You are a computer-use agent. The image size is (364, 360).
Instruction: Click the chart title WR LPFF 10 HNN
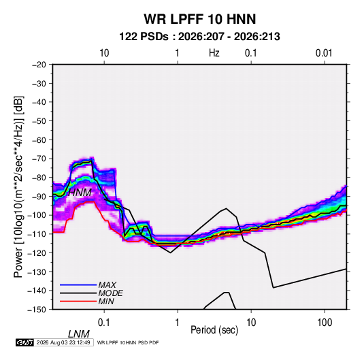[x=200, y=19]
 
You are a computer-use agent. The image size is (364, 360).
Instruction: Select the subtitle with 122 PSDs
[x=199, y=37]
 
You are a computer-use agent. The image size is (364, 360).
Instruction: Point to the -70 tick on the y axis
[x=39, y=159]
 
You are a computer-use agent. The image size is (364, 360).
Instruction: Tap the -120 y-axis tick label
[x=37, y=253]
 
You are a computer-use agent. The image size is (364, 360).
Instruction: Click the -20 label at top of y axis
[x=39, y=65]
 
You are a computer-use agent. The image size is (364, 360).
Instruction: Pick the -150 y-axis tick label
[x=37, y=310]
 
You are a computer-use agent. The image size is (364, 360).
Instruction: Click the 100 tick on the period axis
[x=325, y=323]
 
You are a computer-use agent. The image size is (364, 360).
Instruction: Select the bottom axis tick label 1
[x=178, y=323]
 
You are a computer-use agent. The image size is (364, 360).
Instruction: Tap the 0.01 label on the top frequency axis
[x=324, y=53]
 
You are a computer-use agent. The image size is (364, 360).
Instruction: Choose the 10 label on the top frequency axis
[x=104, y=53]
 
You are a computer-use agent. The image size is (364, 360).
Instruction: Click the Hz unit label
[x=214, y=53]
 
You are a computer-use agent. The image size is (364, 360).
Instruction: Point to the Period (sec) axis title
[x=214, y=330]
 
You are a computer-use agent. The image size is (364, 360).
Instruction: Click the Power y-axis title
[x=18, y=187]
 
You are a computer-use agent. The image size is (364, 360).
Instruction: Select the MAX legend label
[x=107, y=285]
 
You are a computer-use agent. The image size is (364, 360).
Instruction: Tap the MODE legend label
[x=110, y=293]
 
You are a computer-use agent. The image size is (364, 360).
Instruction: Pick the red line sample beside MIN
[x=78, y=301]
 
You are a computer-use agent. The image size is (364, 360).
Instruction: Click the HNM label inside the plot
[x=80, y=193]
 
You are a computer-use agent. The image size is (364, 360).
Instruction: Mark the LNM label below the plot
[x=79, y=334]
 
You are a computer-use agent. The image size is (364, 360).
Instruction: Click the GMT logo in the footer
[x=24, y=342]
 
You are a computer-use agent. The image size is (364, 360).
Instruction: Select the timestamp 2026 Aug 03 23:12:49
[x=63, y=342]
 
